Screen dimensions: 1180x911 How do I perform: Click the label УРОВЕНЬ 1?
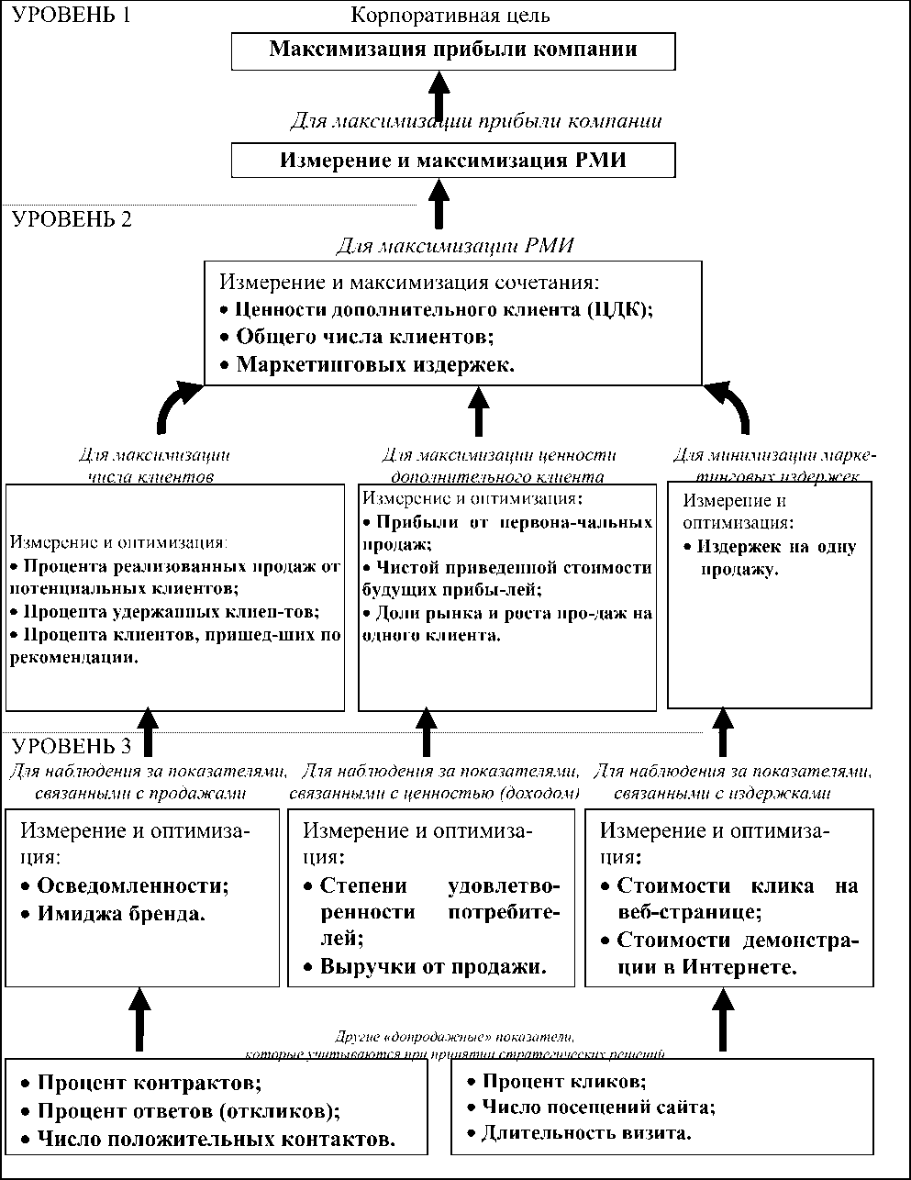tap(72, 16)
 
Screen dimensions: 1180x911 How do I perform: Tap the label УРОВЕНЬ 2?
tap(72, 220)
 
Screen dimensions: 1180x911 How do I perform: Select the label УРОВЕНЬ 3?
tap(72, 746)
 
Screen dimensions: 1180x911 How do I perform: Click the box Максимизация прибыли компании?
tap(453, 50)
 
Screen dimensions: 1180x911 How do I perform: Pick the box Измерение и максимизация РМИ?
tap(453, 161)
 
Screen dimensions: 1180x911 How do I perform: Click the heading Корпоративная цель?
tap(451, 16)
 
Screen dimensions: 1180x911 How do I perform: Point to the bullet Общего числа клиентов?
tap(364, 337)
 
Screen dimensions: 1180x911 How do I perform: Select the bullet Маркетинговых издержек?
tap(374, 364)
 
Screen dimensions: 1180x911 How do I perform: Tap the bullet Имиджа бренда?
tap(120, 914)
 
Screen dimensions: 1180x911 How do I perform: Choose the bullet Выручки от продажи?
tap(432, 966)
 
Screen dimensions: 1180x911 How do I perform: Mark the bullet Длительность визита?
tap(586, 1132)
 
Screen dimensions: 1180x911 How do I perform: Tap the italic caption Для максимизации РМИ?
tap(454, 245)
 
